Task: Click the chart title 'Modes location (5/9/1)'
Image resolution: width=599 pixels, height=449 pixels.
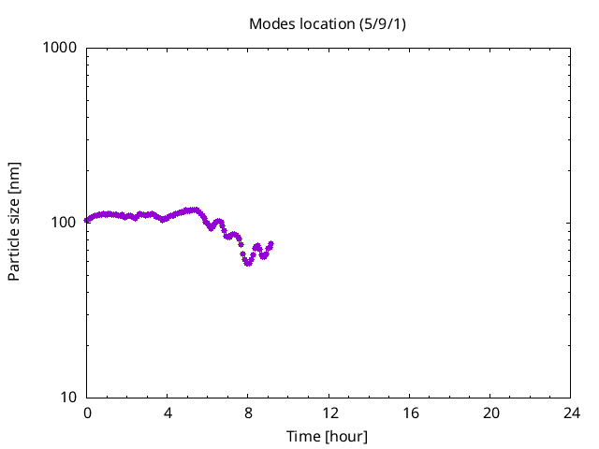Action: click(327, 23)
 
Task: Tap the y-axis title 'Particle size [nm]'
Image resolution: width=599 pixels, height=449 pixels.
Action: click(14, 222)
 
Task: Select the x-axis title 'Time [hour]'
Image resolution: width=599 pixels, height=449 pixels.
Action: click(327, 437)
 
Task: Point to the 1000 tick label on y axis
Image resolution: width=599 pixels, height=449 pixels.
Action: click(61, 47)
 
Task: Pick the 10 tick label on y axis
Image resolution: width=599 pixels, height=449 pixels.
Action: click(68, 397)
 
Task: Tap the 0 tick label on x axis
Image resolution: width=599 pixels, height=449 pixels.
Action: click(87, 413)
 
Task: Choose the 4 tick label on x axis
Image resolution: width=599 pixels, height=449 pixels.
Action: click(168, 413)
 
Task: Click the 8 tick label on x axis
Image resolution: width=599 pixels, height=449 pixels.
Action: click(248, 413)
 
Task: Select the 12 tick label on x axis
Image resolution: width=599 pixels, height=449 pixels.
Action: click(329, 413)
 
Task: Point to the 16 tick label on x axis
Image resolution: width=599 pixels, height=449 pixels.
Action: click(410, 413)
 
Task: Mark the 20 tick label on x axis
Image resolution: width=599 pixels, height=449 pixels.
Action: click(490, 413)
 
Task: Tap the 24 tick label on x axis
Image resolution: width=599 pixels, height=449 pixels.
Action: click(571, 413)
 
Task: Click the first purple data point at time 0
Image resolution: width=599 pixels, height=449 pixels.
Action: click(87, 221)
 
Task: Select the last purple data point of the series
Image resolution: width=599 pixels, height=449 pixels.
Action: click(271, 244)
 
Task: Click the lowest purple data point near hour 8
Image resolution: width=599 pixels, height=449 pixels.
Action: click(248, 263)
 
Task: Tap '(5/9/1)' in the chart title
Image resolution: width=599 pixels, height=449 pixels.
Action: click(382, 23)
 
